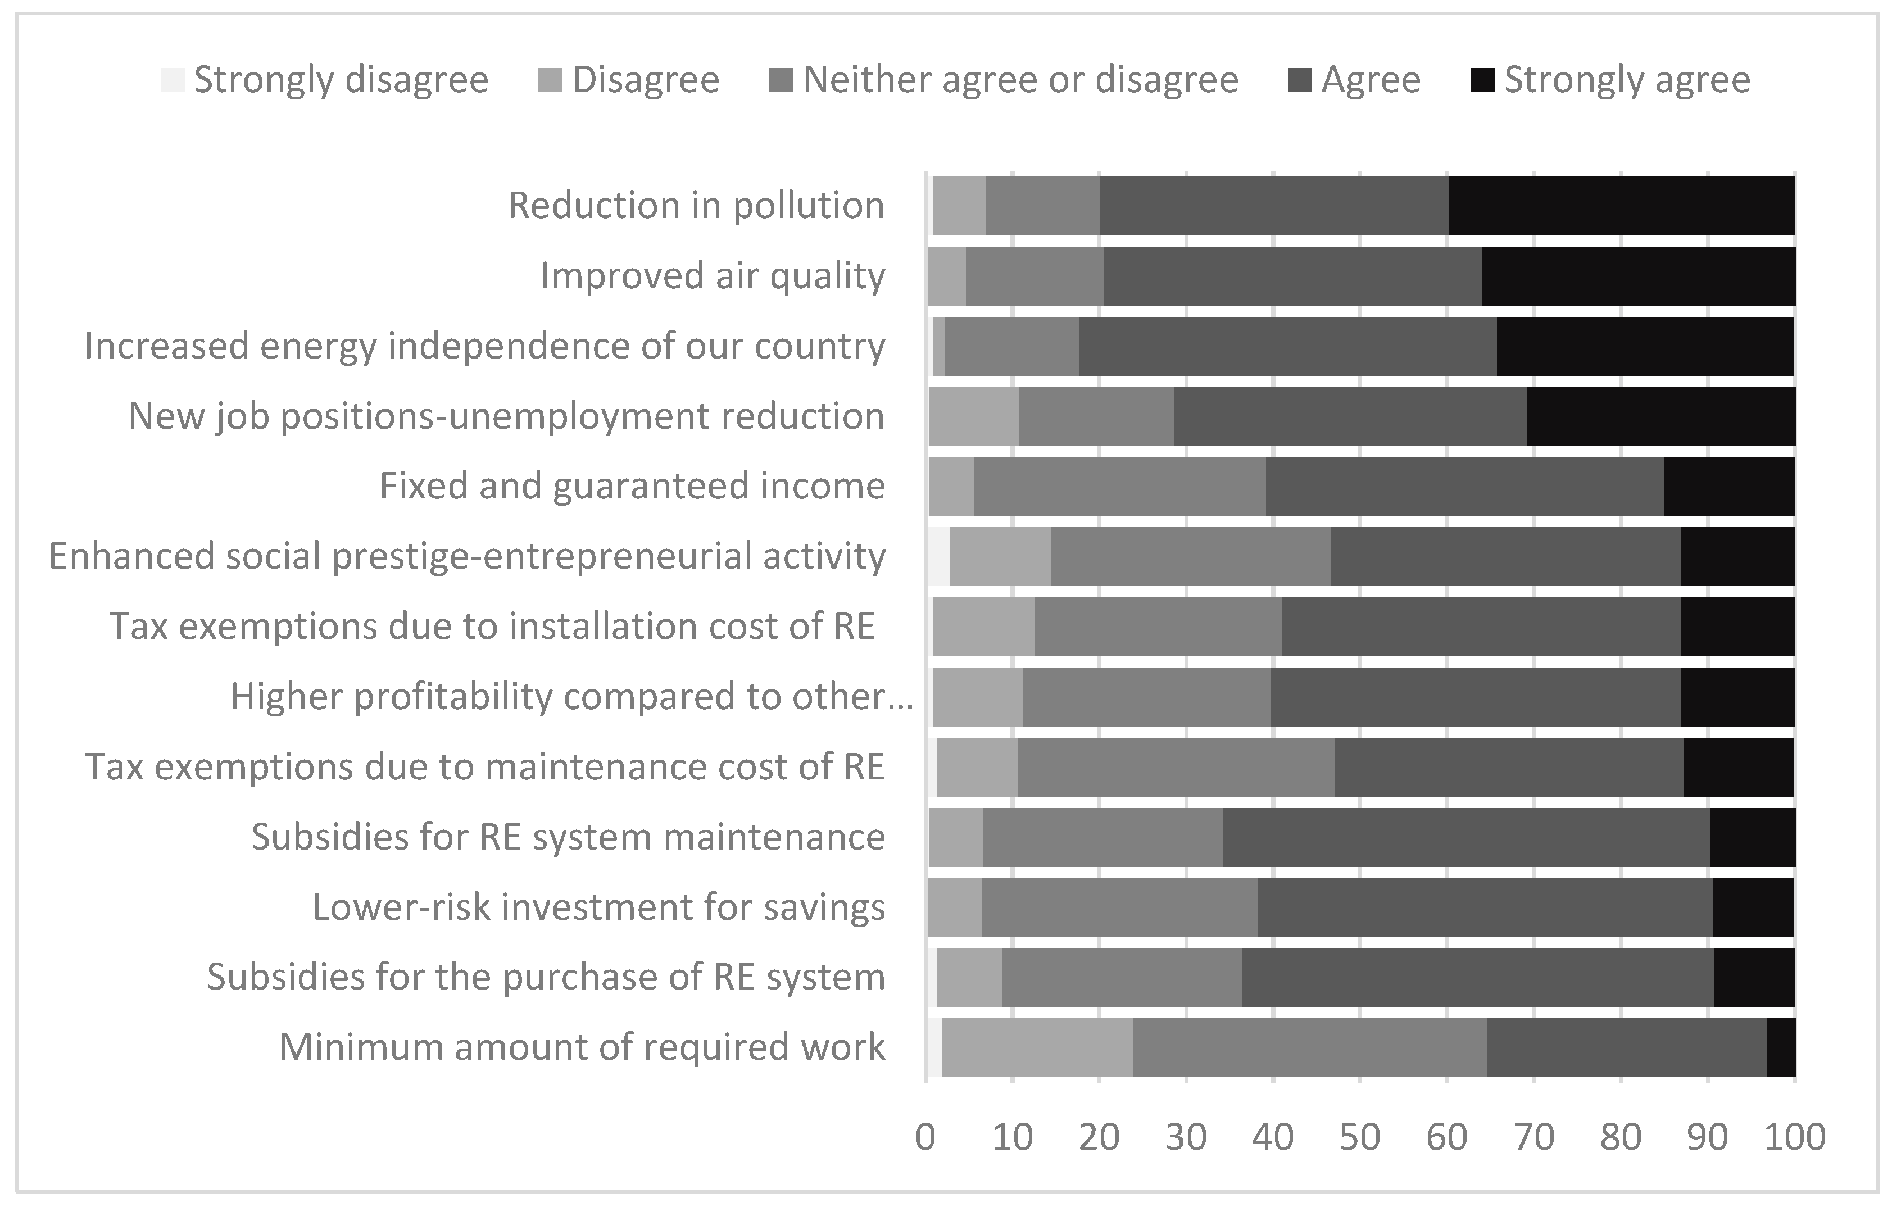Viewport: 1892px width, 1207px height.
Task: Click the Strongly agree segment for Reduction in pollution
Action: (1621, 206)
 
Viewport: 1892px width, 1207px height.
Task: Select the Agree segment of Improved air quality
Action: (1292, 276)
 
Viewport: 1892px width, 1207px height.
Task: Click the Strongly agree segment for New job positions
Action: (1660, 416)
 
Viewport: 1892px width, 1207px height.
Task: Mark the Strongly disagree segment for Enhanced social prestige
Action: (938, 556)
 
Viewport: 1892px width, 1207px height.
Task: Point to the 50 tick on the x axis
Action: (1359, 1138)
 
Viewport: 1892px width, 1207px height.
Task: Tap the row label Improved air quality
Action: (713, 276)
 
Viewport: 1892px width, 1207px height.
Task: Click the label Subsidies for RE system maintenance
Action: (568, 837)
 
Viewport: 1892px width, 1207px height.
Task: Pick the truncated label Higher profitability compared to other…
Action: (571, 697)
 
